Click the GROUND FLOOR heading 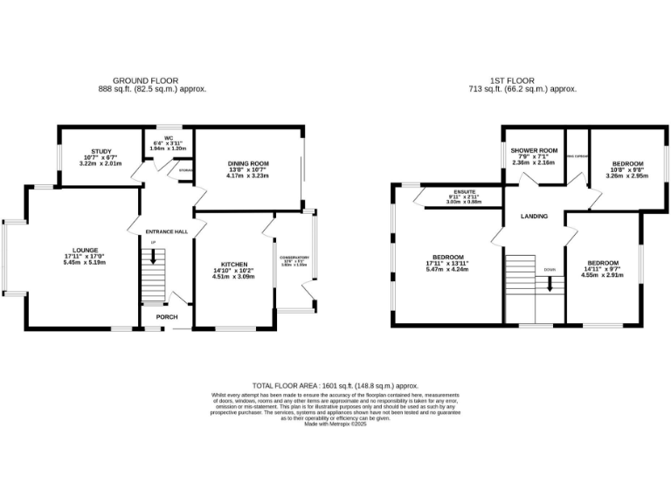[x=140, y=80]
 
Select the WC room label [x=168, y=138]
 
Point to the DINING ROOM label [x=247, y=163]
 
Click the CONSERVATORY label [x=295, y=257]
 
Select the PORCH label [x=165, y=317]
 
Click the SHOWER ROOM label [x=534, y=150]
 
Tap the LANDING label [x=535, y=216]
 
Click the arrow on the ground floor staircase [x=154, y=258]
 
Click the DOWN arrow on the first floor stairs [x=550, y=282]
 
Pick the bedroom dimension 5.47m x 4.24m [x=447, y=270]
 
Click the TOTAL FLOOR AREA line [x=335, y=385]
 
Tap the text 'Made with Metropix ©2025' [x=335, y=424]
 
